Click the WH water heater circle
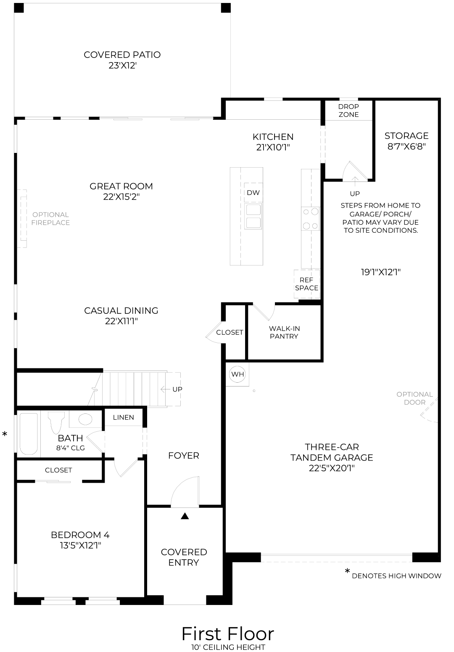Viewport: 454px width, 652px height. (238, 374)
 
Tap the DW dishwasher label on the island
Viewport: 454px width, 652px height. (253, 193)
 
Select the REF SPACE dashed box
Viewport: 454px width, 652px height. (307, 284)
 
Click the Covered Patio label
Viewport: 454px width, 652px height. (122, 60)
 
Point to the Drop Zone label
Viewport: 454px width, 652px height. (348, 110)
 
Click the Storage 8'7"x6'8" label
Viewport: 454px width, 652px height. (406, 141)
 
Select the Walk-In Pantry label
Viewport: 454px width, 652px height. (284, 332)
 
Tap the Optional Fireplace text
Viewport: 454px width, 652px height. (50, 218)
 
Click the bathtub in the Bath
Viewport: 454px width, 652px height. (29, 434)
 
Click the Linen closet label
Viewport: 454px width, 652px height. (124, 417)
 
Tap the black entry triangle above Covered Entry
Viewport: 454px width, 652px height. (185, 516)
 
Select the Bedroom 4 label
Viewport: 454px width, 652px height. (80, 540)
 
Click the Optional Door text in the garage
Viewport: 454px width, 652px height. (414, 398)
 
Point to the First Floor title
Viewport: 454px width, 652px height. (227, 634)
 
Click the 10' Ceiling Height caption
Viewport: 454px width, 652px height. (227, 647)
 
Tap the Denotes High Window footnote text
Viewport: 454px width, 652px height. (396, 576)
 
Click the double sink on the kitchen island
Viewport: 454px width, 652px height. (253, 216)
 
